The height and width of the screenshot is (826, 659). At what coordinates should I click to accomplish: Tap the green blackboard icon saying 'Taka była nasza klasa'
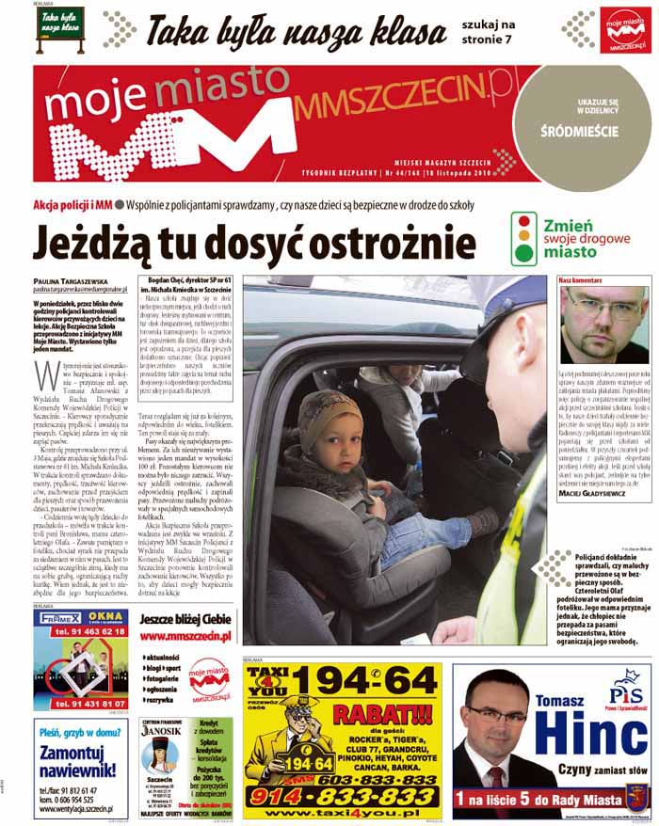pyautogui.click(x=60, y=24)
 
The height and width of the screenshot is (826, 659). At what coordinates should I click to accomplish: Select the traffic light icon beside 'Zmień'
pyautogui.click(x=522, y=239)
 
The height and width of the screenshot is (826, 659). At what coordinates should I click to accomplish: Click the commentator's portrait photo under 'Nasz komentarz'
pyautogui.click(x=603, y=326)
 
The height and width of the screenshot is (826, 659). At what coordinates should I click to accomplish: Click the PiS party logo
pyautogui.click(x=625, y=684)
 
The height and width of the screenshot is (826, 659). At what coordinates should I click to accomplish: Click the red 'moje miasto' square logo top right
pyautogui.click(x=625, y=30)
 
